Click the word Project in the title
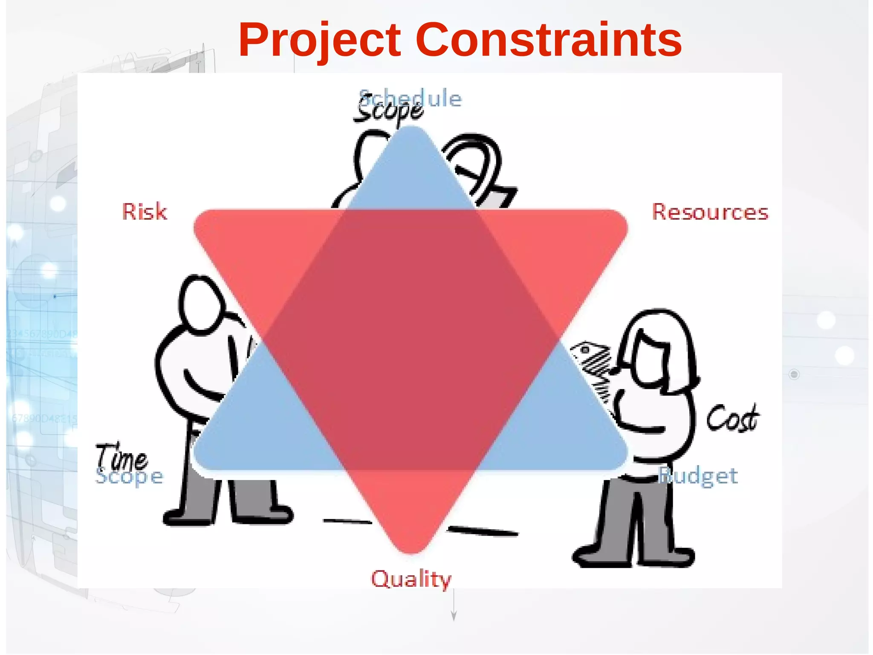(x=320, y=41)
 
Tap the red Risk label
(x=145, y=212)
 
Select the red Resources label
(x=710, y=212)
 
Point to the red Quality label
(x=411, y=579)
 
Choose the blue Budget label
(x=699, y=476)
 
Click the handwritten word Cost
(x=732, y=418)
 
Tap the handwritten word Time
(x=121, y=457)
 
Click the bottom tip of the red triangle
(x=411, y=548)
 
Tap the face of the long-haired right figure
(x=650, y=358)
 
